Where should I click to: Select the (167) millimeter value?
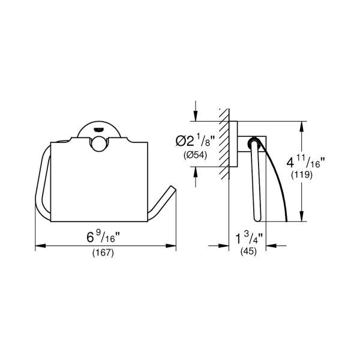tap(103, 253)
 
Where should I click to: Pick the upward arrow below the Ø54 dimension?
tap(196, 171)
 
